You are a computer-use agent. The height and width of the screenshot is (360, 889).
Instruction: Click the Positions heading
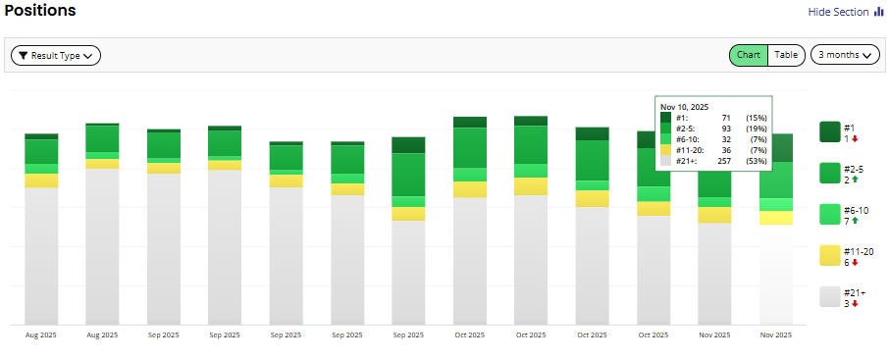[40, 11]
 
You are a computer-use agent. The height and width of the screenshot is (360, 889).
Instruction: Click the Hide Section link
[838, 12]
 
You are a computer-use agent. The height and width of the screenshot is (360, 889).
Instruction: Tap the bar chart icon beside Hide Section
[878, 12]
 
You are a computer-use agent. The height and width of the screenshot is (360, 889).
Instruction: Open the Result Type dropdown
[56, 56]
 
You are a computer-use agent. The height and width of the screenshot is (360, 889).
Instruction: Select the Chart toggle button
[748, 55]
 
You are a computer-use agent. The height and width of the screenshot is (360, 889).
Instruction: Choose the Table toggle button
[786, 55]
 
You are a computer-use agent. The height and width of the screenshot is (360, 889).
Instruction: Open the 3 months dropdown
[844, 55]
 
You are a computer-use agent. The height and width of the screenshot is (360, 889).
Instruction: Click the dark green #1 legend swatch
[829, 131]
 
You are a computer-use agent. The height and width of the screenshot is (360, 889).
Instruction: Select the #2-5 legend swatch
[829, 173]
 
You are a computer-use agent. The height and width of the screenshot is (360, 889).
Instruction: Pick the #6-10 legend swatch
[829, 214]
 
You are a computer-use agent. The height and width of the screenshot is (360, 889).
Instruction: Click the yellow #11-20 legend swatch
[829, 255]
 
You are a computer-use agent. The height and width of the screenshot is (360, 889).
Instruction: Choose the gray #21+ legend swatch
[829, 296]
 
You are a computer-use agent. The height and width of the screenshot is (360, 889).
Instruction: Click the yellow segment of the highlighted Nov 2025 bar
[776, 218]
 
